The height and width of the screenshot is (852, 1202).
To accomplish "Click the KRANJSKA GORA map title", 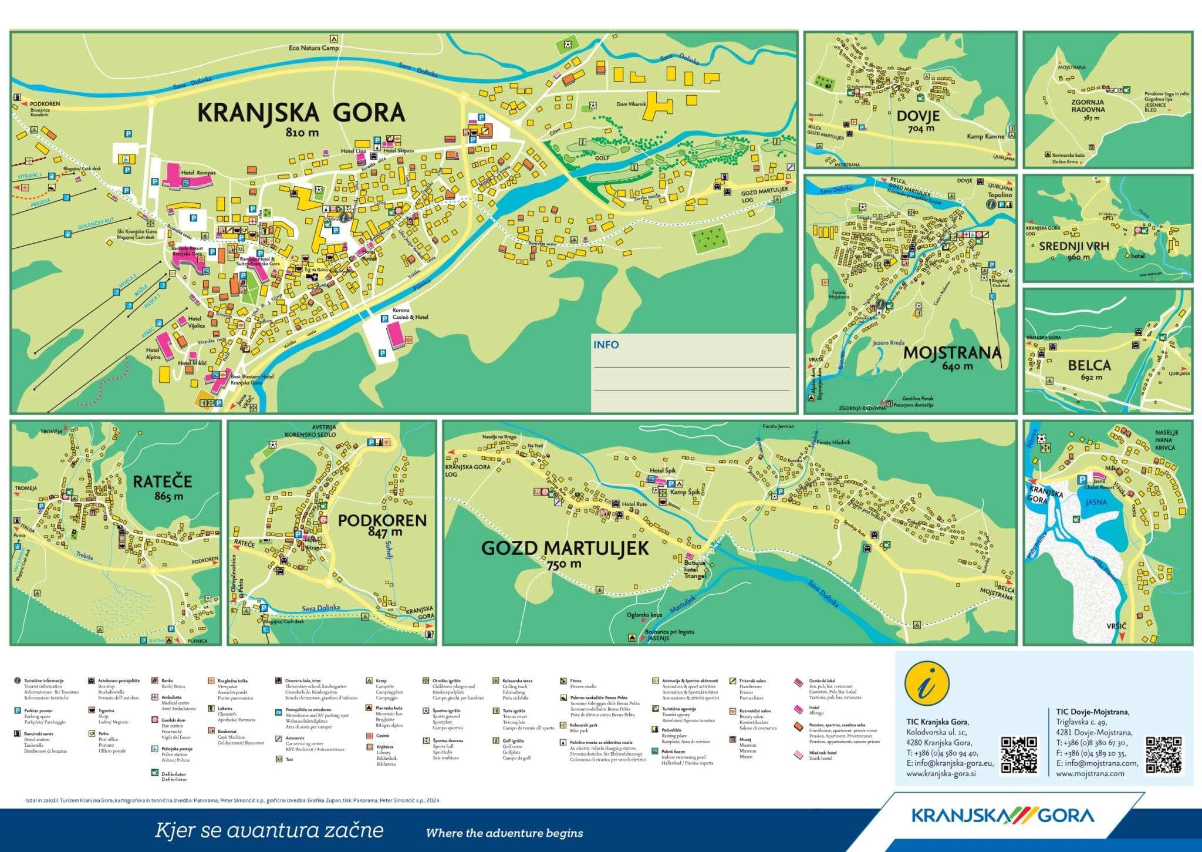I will [300, 112].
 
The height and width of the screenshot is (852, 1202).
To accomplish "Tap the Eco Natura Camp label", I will [313, 48].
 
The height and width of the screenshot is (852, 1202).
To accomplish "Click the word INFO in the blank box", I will [606, 345].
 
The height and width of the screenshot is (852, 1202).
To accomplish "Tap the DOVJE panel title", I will [918, 116].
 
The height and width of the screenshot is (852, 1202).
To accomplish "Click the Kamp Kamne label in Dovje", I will [985, 136].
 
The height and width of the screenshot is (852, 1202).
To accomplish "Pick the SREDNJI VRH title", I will [1074, 246].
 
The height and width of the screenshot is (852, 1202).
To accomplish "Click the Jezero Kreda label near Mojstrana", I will [889, 342].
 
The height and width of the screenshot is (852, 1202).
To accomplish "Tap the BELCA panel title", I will [1089, 365].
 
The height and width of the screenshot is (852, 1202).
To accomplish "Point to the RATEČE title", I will [162, 481].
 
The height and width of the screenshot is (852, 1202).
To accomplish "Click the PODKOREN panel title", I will [381, 520].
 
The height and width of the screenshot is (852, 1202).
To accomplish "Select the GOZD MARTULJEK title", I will [565, 548].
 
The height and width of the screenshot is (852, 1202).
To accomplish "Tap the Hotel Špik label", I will [663, 471].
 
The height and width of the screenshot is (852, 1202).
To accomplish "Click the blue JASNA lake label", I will [1096, 502].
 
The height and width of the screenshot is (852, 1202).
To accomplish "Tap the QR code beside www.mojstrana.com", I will [1164, 755].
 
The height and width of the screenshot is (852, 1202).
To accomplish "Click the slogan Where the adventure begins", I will [504, 833].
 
